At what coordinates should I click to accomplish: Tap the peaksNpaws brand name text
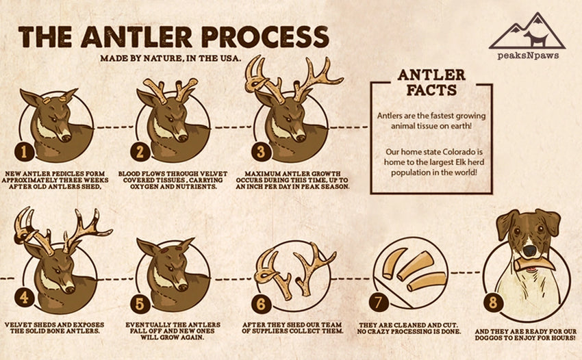(x=527, y=55)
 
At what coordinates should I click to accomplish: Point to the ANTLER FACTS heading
(x=431, y=82)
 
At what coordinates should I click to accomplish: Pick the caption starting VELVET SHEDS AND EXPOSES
(x=58, y=326)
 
